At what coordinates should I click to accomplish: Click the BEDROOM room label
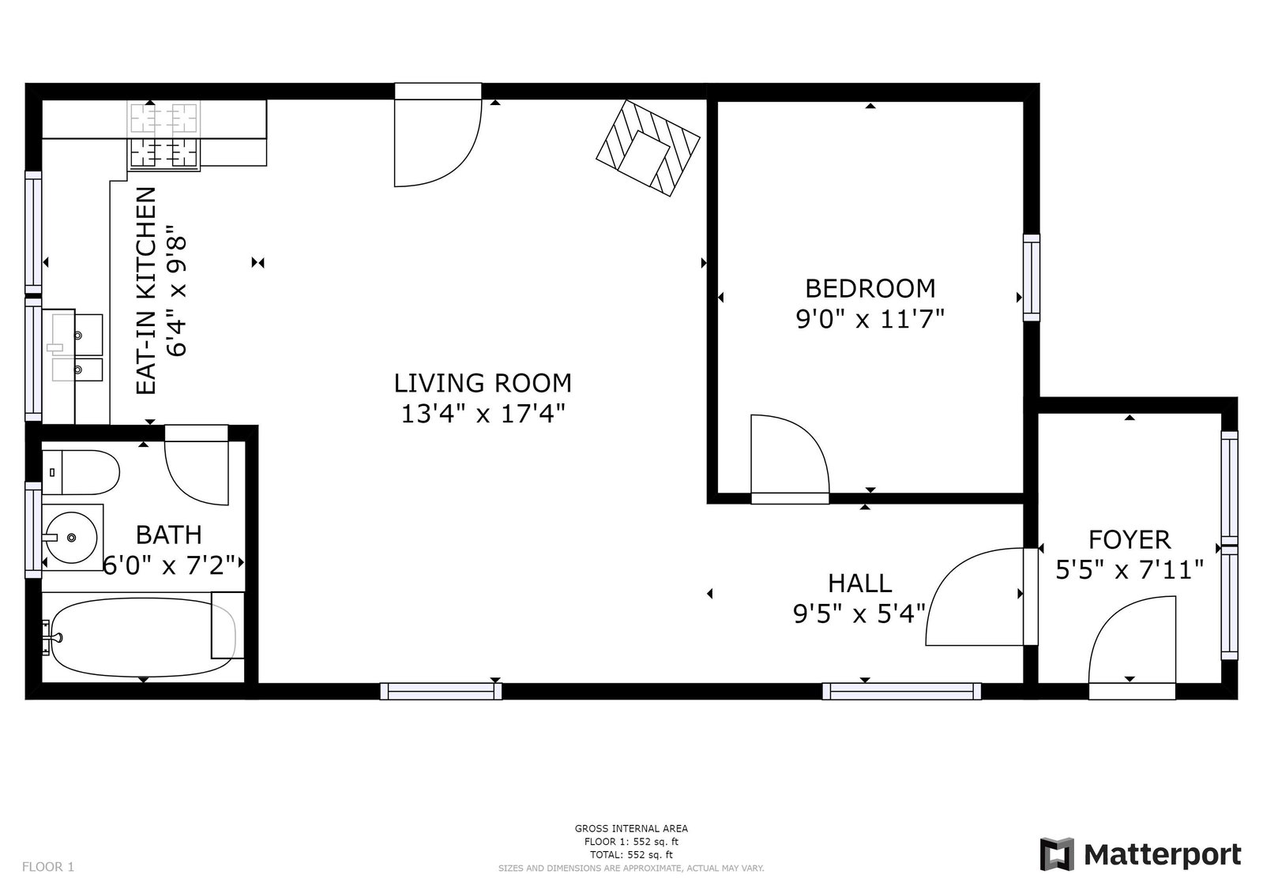(870, 289)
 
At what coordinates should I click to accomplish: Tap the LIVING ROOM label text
(483, 384)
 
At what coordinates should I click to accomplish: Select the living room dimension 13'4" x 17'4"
(483, 414)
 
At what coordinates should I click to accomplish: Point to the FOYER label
(1130, 539)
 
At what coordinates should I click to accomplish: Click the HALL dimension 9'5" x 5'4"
(859, 613)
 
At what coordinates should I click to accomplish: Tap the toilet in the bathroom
(81, 472)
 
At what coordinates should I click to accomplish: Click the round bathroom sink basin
(71, 537)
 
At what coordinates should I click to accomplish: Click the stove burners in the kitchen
(164, 136)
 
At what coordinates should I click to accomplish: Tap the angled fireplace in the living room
(648, 148)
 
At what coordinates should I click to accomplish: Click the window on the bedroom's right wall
(1032, 277)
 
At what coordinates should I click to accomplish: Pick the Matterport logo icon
(1057, 854)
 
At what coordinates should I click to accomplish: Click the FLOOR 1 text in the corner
(48, 866)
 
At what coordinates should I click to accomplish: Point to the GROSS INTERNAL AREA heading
(631, 828)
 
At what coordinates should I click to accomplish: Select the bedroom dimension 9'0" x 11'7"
(870, 319)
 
